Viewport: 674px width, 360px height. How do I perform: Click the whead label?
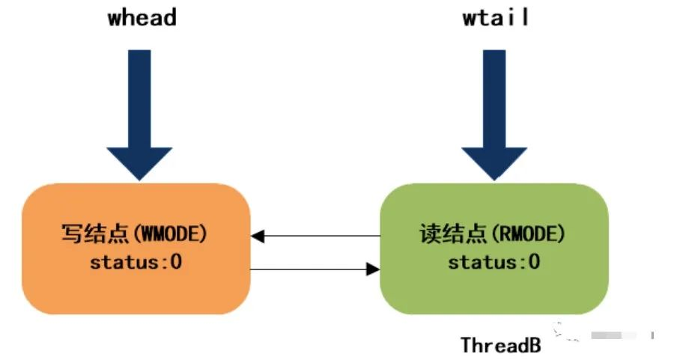click(142, 18)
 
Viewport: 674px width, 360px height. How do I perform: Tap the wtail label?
click(495, 18)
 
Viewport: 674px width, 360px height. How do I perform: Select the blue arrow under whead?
click(139, 115)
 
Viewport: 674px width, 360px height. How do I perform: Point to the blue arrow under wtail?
click(494, 115)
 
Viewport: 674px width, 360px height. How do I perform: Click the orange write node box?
click(136, 248)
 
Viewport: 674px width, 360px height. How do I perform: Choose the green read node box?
click(494, 248)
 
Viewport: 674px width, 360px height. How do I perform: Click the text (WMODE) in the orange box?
click(171, 234)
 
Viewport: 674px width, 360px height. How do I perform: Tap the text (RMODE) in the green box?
click(528, 234)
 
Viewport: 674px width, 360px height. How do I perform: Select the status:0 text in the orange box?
click(136, 262)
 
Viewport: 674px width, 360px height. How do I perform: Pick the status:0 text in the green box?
click(494, 262)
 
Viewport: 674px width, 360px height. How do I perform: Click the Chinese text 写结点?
click(96, 234)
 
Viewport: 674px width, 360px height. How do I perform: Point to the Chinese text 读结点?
click(454, 234)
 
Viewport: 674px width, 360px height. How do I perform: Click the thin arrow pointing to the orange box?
click(315, 236)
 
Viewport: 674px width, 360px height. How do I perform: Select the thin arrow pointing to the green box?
click(315, 269)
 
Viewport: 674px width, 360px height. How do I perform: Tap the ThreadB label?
click(501, 345)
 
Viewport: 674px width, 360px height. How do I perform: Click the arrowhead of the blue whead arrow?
click(139, 163)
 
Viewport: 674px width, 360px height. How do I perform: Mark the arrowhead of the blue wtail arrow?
click(494, 163)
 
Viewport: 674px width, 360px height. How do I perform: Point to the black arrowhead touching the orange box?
click(258, 236)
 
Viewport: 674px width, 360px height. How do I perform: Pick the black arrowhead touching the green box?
click(373, 269)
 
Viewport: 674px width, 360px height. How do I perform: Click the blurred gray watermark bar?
click(613, 335)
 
